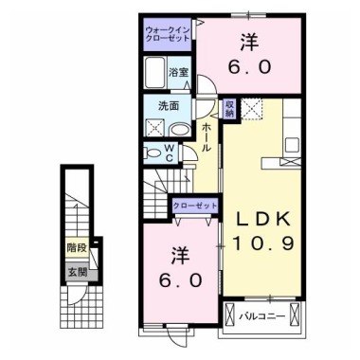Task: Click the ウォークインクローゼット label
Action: (x=167, y=35)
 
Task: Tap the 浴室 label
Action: (x=179, y=72)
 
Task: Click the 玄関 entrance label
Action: (x=76, y=272)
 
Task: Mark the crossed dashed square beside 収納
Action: (x=250, y=109)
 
